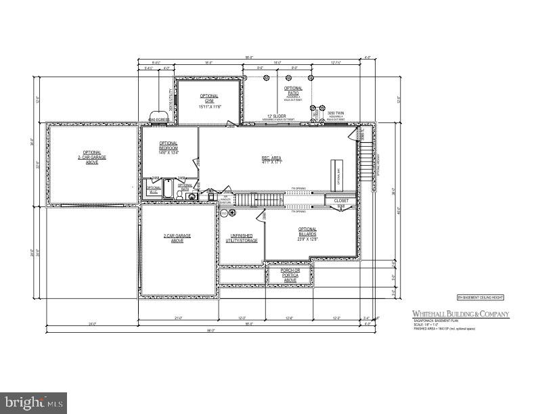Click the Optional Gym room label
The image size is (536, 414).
pos(209,101)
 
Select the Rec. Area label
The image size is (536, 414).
pos(271,160)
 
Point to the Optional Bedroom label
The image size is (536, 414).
pos(169,147)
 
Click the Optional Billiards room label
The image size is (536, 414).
pos(307,234)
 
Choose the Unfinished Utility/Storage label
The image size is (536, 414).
pos(240,237)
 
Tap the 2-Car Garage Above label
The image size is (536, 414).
pos(177,238)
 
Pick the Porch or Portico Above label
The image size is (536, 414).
pos(289,274)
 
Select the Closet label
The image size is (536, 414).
pos(340,201)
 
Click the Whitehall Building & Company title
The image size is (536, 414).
pos(461,314)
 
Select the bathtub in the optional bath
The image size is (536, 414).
pos(169,188)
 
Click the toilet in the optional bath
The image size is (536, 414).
pos(179,194)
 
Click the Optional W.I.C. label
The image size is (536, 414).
pos(154,189)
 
